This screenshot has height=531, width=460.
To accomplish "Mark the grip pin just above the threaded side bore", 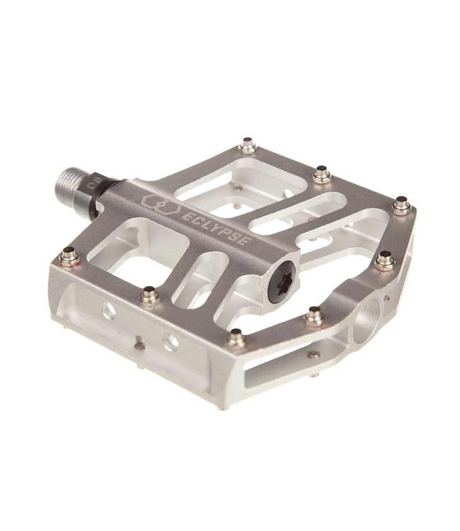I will tap(386, 260).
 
